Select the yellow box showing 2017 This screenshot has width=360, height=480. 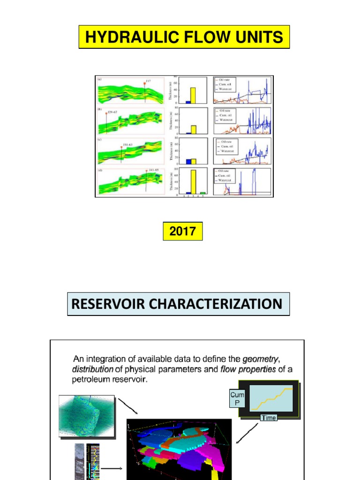(183, 232)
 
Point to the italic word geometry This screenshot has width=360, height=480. (259, 359)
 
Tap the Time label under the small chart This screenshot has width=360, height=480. (269, 418)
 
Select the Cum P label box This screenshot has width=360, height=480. (237, 400)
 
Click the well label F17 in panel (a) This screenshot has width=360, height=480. (148, 81)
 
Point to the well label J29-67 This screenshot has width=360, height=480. (113, 112)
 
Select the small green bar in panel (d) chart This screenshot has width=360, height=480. (203, 193)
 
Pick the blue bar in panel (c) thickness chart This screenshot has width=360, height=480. (188, 161)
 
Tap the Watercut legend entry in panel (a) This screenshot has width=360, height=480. (228, 89)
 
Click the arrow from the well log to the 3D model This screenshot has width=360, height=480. (112, 468)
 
